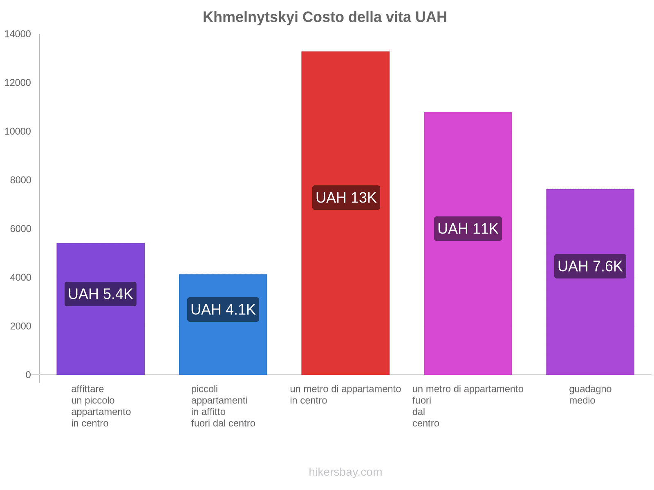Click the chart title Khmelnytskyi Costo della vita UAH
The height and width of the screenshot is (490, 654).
click(325, 17)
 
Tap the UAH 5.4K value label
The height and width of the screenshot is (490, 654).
click(101, 294)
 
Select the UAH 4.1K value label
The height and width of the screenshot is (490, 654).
click(223, 310)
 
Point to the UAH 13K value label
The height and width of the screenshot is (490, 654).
click(346, 198)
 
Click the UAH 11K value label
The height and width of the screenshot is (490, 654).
click(468, 229)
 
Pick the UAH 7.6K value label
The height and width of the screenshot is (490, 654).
click(590, 266)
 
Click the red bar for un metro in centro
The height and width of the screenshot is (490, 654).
click(345, 122)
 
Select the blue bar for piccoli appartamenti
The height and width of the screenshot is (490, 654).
click(223, 347)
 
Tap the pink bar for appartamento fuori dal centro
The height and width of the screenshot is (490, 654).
click(468, 163)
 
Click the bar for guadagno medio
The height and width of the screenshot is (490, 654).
click(590, 327)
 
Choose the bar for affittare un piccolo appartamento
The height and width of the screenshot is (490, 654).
click(101, 339)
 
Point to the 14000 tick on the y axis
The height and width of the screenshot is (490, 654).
click(18, 34)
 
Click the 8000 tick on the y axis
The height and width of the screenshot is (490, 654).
click(20, 180)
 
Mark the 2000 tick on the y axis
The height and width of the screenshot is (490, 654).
click(20, 326)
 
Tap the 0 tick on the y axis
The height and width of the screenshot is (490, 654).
click(28, 375)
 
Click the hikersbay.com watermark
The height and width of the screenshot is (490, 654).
click(345, 472)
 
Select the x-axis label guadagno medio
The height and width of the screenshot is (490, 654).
click(590, 394)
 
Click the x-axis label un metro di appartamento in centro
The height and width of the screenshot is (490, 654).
click(345, 394)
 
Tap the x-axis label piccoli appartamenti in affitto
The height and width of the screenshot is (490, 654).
click(223, 406)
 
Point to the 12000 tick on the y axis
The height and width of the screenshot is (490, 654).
click(18, 83)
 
